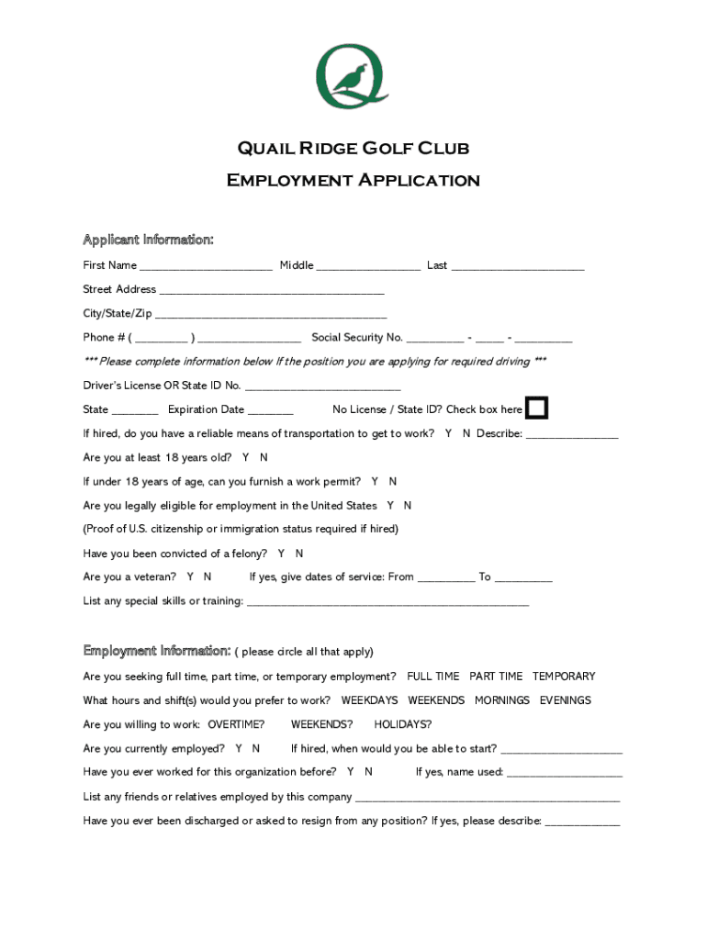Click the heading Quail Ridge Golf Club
353,149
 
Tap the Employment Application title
353,180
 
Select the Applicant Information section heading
148,241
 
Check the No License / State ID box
536,408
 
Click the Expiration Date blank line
271,410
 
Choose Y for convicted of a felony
282,554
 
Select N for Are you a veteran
208,577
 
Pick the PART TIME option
496,677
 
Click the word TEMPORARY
564,677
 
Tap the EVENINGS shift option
566,700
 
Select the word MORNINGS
502,700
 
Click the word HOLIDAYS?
402,724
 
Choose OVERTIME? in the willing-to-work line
236,724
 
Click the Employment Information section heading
157,651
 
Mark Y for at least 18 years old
246,457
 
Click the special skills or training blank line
387,602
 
